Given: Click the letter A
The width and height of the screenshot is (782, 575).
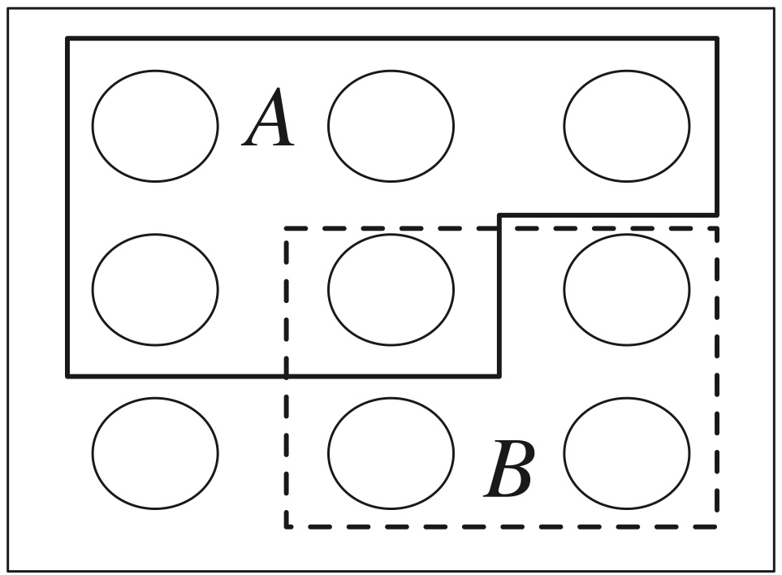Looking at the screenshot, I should tap(270, 122).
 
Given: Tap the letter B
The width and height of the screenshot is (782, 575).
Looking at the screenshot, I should tap(510, 471).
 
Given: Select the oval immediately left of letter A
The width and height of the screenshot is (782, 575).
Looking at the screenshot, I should tap(155, 126).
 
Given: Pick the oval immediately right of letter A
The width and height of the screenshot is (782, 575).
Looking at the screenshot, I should tap(391, 126).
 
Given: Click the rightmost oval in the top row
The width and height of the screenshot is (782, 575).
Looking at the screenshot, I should tap(627, 126).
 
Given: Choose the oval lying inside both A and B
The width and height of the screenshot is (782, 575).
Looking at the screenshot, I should tap(391, 289).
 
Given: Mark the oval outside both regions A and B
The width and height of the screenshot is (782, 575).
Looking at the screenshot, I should tap(155, 453).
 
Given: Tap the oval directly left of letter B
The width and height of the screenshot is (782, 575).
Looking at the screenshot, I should tap(391, 453).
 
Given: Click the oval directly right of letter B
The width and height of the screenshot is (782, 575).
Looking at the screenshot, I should tap(627, 453).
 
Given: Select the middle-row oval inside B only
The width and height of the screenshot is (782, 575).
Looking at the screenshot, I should tap(627, 289).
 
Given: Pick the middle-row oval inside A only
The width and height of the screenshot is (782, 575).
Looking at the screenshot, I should tap(155, 289).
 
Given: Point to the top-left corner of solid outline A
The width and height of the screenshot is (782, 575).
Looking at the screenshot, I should tap(67, 38).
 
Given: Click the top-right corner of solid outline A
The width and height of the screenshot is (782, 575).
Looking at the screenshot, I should tap(716, 38).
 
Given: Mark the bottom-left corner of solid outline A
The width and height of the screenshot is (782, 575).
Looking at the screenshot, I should tap(67, 376).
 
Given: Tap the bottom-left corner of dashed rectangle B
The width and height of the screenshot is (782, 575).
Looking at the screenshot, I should tap(287, 526).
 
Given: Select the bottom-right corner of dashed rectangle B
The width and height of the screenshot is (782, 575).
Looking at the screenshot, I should tap(716, 526).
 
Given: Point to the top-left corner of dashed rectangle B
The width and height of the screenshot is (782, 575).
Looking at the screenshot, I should tap(287, 229).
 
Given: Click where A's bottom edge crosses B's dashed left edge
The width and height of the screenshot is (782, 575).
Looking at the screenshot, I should tap(287, 376).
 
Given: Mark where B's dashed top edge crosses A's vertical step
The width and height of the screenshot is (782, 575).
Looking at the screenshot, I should tap(499, 229).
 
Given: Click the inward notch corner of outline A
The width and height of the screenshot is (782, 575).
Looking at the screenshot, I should tap(499, 215).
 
